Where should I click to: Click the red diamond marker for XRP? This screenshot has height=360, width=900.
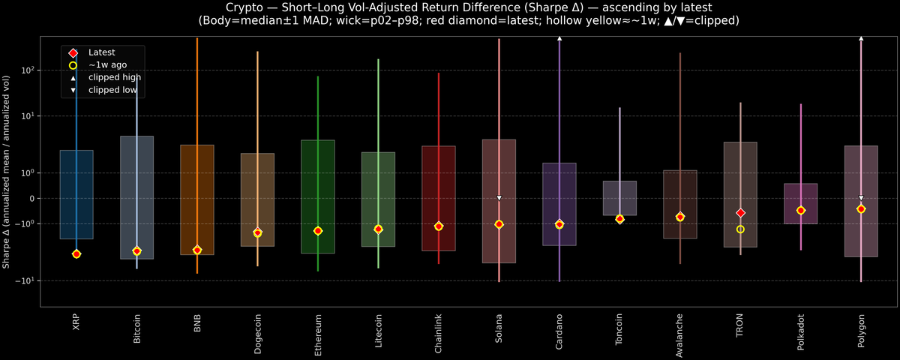point(76,254)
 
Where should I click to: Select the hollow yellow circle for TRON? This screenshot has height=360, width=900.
point(740,229)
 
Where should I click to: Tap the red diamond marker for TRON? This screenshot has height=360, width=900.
point(740,213)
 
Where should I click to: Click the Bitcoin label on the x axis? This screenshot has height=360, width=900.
point(136,328)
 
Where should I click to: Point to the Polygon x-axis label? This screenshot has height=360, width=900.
point(861,328)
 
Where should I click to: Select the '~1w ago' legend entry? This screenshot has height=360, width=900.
point(107,65)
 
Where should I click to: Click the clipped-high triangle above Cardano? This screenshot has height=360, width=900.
point(559,37)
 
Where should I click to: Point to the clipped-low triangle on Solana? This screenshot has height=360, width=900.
point(499,198)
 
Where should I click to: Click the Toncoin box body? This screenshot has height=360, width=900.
point(619,198)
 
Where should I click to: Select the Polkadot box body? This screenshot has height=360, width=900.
point(800,203)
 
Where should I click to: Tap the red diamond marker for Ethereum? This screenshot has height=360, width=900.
point(318,231)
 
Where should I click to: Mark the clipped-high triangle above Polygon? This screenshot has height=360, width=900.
point(861,37)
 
